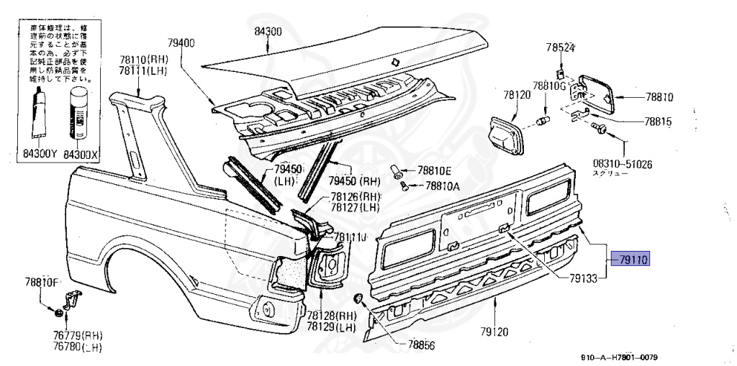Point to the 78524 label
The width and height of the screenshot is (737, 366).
560,48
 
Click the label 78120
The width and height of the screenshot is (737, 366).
517,95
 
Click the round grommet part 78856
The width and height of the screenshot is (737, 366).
359,298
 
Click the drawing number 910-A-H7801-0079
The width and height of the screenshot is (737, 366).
619,357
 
